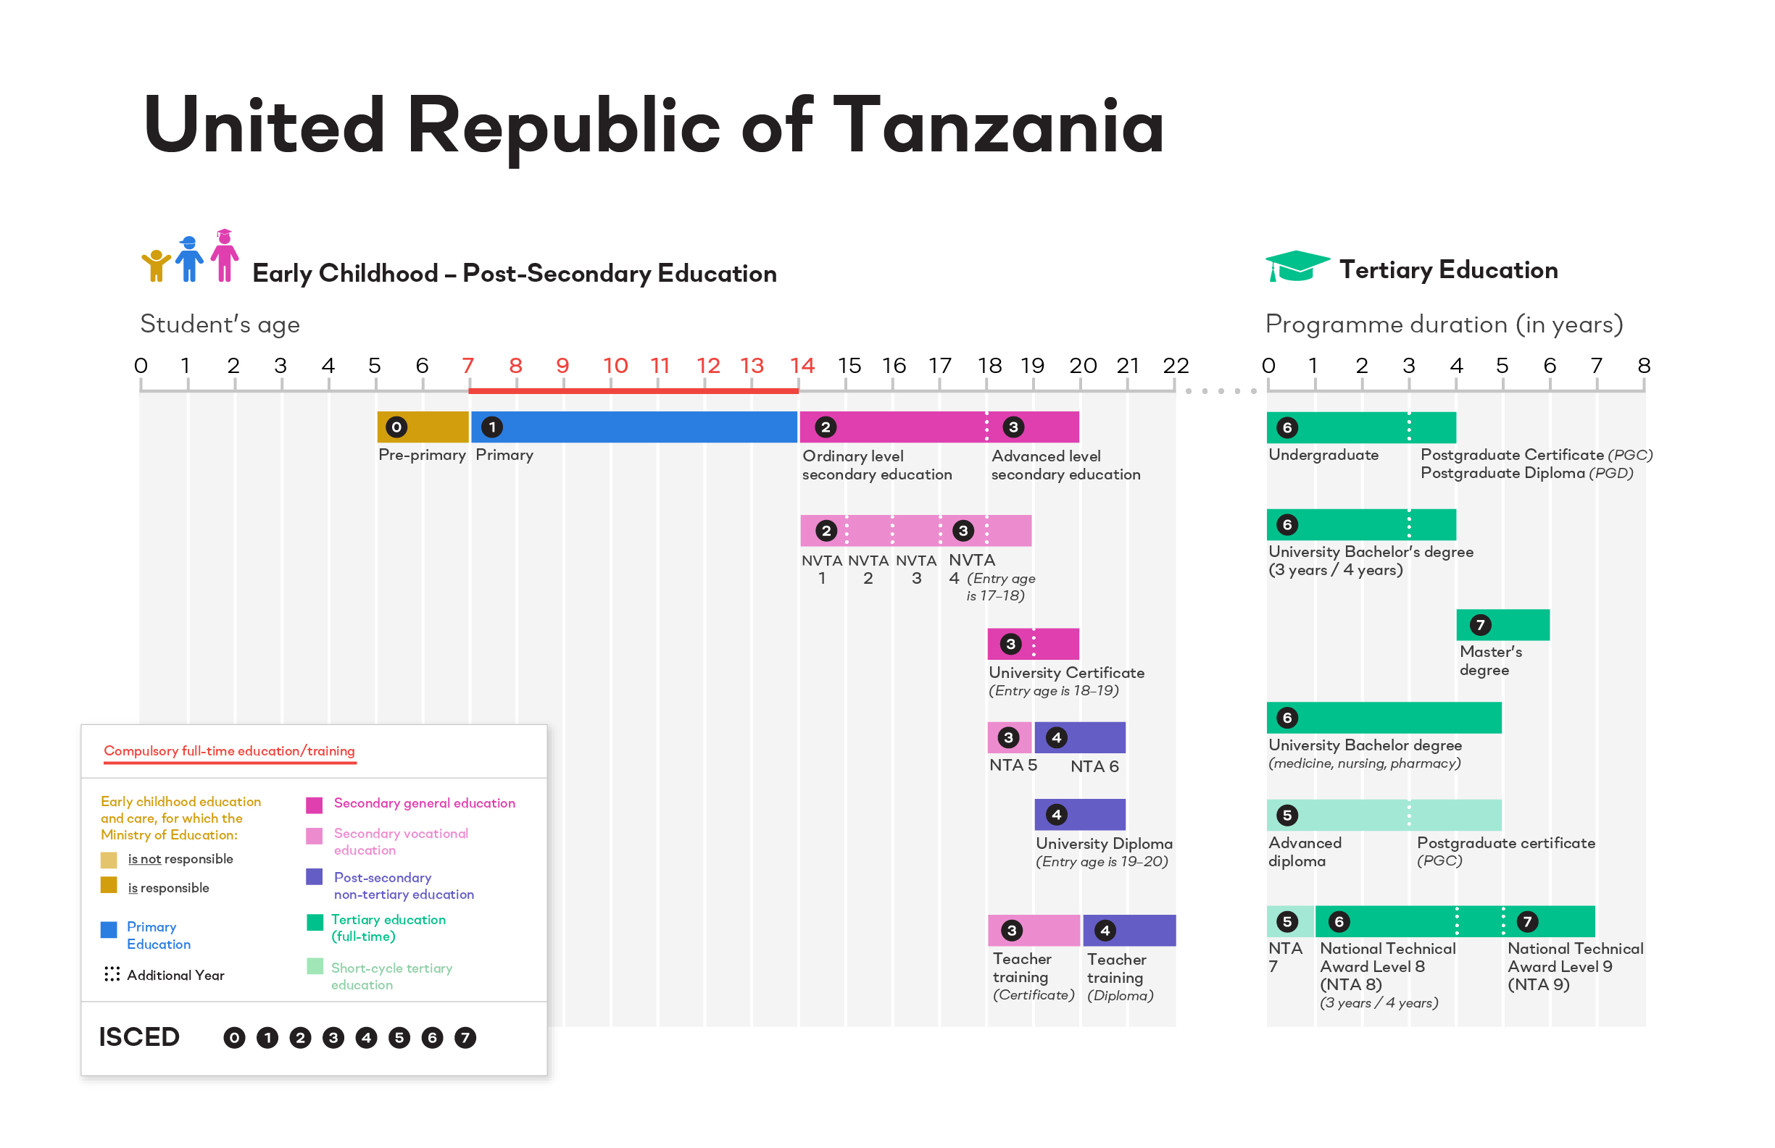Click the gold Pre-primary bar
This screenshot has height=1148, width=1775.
pos(423,427)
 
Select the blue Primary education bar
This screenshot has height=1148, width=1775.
pos(634,427)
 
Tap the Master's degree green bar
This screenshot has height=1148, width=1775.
pos(1502,624)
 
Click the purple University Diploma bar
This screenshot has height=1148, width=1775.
pos(1080,814)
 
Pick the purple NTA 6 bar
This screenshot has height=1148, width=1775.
pos(1080,737)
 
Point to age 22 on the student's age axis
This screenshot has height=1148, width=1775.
pos(1176,366)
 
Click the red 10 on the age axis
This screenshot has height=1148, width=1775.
pos(615,366)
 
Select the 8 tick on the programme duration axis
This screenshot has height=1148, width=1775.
pos(1644,366)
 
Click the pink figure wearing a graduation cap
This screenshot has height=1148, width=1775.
pos(225,256)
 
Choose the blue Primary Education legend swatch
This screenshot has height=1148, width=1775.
pos(109,929)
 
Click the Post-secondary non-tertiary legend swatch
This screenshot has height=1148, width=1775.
pos(315,876)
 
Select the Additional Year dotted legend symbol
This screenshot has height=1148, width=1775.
pos(112,974)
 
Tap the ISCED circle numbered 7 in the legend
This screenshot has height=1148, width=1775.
pos(465,1038)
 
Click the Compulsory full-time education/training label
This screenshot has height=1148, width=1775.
pos(229,750)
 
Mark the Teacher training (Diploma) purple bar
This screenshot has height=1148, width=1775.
pos(1129,930)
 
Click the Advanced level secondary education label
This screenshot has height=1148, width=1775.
pos(1065,465)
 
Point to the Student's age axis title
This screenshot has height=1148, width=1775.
pos(220,324)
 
